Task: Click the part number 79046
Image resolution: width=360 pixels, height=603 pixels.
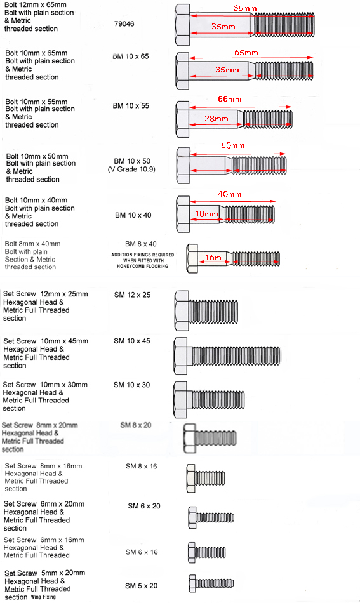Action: [124, 24]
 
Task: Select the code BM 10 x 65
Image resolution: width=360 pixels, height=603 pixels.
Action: [131, 56]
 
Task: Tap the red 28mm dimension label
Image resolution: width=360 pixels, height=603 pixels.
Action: [216, 119]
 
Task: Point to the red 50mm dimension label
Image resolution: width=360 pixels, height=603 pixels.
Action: [232, 145]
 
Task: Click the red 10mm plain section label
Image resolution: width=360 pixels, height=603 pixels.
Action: [206, 214]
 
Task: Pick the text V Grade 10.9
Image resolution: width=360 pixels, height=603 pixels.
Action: [131, 169]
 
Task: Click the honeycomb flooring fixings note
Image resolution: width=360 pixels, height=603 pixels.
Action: [143, 260]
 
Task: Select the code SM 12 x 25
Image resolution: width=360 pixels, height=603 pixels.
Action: [132, 295]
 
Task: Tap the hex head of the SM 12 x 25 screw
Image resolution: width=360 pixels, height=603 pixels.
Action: [182, 311]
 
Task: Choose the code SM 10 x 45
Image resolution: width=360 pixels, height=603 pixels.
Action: [132, 341]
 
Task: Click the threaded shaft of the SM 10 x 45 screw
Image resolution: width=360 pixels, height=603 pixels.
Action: [237, 355]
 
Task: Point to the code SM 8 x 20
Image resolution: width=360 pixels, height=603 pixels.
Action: [136, 425]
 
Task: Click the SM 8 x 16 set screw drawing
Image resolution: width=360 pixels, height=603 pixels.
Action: [205, 479]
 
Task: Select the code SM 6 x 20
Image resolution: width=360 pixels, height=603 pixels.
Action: [144, 506]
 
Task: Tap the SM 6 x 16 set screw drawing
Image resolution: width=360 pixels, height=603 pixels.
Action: [207, 553]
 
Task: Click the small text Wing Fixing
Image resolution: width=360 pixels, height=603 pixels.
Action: [43, 597]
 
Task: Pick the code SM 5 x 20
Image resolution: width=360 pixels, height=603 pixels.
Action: [141, 586]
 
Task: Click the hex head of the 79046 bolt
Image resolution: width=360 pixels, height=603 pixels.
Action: [182, 25]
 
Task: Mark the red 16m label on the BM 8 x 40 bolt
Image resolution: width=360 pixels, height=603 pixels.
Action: [213, 257]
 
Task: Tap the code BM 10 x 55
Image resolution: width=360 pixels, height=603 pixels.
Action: [131, 106]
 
